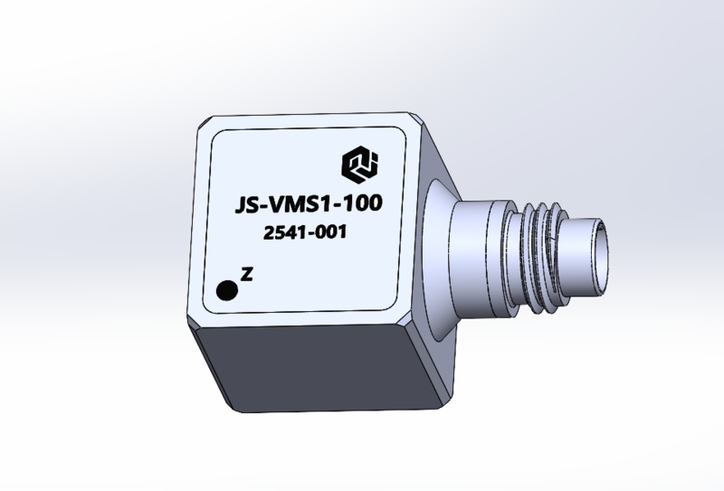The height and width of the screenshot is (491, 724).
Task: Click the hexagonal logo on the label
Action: pyautogui.click(x=359, y=164)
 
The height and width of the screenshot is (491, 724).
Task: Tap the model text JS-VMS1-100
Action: pyautogui.click(x=309, y=204)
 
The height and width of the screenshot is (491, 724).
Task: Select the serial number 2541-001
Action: pyautogui.click(x=305, y=231)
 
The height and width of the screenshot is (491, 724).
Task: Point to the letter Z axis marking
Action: pyautogui.click(x=247, y=274)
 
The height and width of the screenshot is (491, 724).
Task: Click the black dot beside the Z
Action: pyautogui.click(x=227, y=291)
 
